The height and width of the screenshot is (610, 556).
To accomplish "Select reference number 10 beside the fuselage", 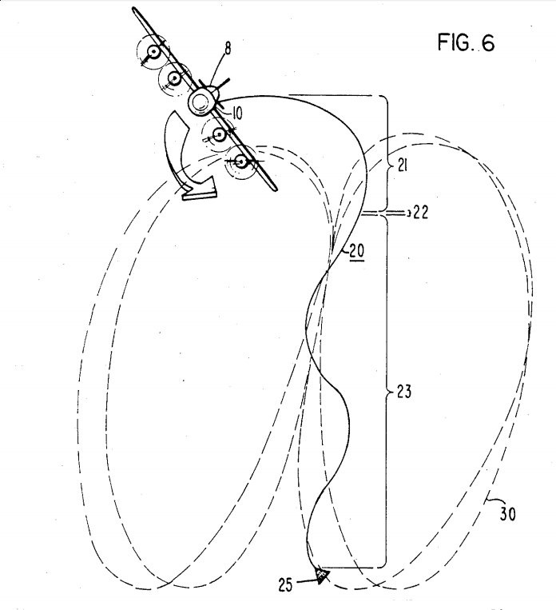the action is click(x=238, y=110).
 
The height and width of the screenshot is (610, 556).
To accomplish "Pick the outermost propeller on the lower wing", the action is click(x=242, y=161).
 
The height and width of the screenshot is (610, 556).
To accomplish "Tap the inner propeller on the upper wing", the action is click(x=173, y=78).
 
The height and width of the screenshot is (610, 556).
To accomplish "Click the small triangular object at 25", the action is click(x=320, y=574).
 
